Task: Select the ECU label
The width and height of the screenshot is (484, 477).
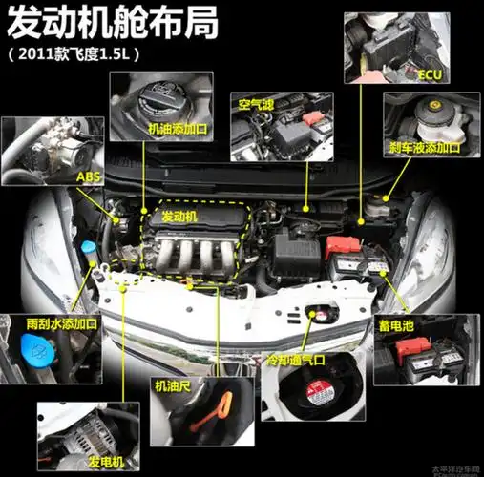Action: click(x=431, y=73)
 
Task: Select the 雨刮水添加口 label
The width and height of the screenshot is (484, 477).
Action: click(x=61, y=323)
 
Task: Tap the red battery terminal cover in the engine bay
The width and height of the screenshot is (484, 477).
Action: click(x=342, y=244)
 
